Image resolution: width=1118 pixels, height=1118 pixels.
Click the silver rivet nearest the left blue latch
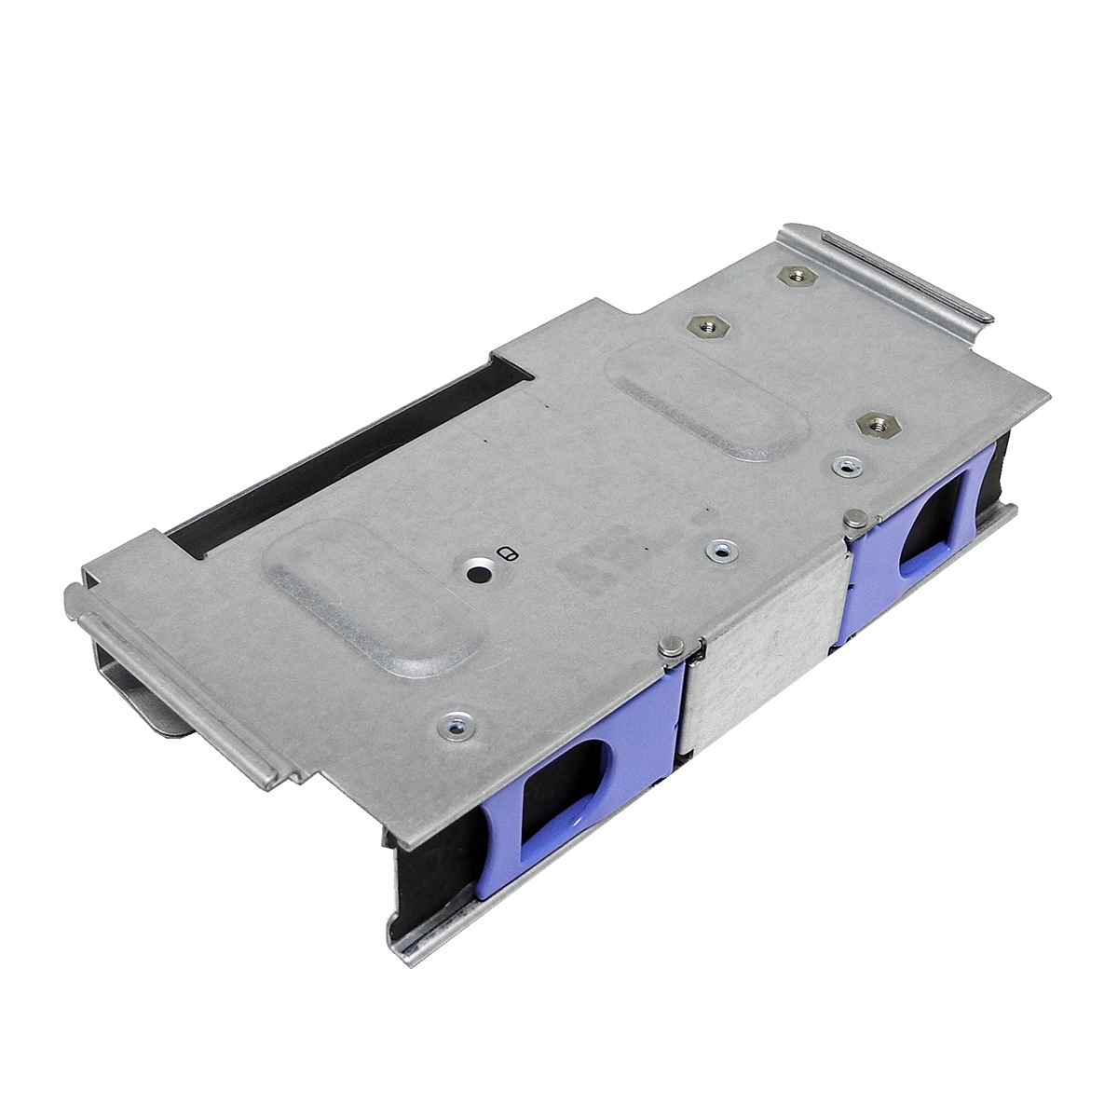[x=457, y=724]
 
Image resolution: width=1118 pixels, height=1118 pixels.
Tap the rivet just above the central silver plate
[x=717, y=551]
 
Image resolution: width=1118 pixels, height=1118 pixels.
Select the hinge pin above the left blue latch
[x=670, y=647]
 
